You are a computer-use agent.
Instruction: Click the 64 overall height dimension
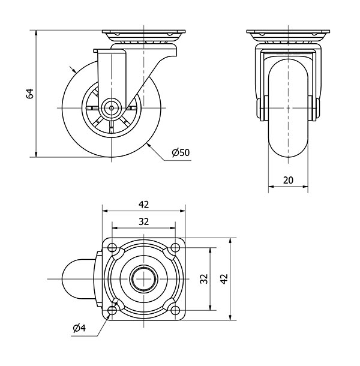(29, 93)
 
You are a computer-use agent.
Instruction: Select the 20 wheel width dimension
(288, 179)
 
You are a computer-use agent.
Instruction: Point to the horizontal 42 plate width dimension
(143, 204)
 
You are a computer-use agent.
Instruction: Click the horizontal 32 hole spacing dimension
(143, 221)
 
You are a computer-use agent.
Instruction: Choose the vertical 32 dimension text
(203, 279)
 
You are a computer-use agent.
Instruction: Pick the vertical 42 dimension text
(224, 279)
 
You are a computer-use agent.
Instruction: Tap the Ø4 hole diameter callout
(79, 328)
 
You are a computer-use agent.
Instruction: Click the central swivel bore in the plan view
(143, 279)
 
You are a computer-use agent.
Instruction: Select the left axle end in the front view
(260, 109)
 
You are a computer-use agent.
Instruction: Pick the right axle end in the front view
(316, 109)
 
